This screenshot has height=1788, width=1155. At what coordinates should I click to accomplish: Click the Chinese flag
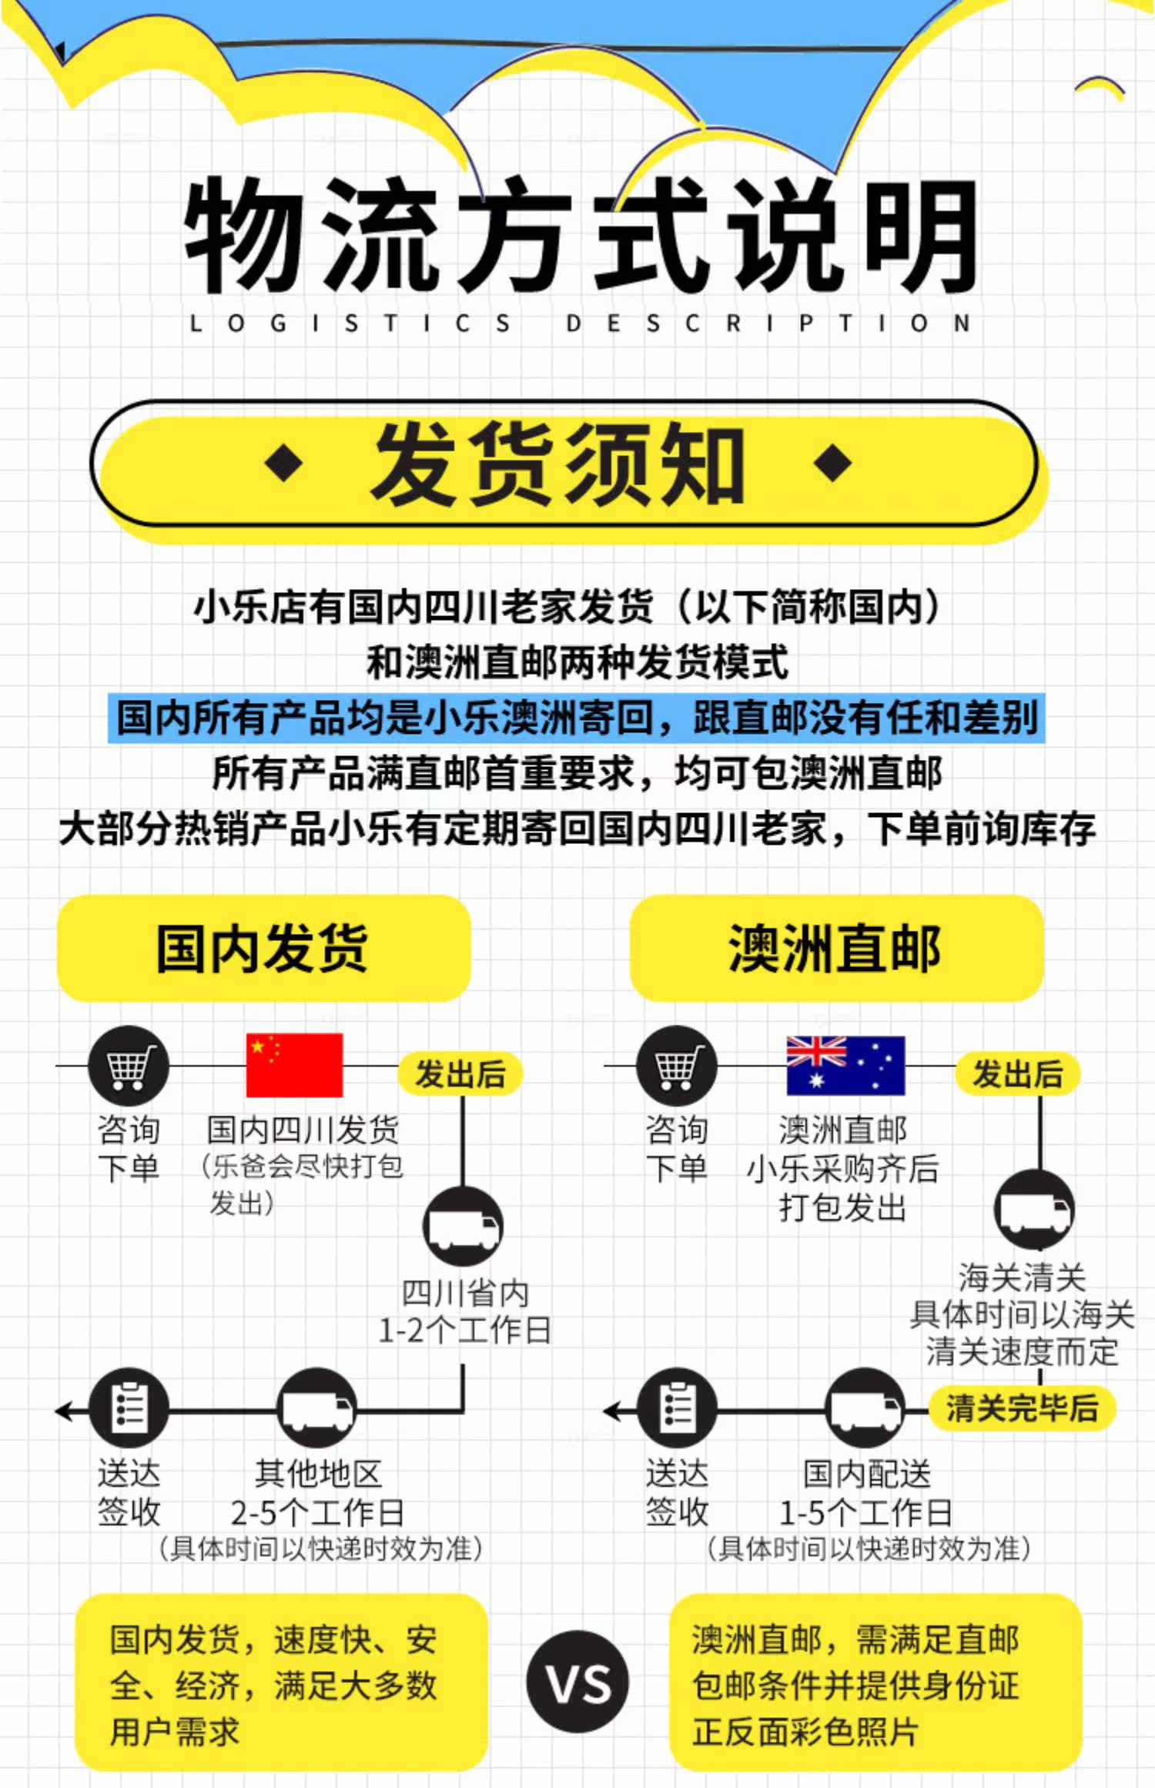click(294, 1065)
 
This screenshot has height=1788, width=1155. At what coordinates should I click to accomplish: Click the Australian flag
click(845, 1066)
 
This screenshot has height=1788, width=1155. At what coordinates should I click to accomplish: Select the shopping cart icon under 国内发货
click(128, 1066)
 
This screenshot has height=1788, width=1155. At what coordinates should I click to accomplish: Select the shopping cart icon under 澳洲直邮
click(676, 1066)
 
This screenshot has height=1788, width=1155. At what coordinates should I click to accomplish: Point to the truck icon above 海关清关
click(1034, 1210)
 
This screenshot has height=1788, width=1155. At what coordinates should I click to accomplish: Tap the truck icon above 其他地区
click(316, 1410)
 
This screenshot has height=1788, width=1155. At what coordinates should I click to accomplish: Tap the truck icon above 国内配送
click(865, 1410)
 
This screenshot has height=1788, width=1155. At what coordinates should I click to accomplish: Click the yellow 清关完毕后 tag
click(1022, 1408)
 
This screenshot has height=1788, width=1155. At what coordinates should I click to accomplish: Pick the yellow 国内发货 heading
click(263, 948)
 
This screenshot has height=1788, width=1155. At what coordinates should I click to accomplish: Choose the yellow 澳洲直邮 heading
click(836, 948)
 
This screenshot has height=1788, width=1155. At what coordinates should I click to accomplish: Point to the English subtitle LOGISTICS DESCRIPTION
click(578, 323)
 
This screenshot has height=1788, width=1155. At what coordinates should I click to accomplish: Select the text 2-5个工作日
click(317, 1513)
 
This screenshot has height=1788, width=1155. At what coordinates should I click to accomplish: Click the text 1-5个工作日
click(865, 1513)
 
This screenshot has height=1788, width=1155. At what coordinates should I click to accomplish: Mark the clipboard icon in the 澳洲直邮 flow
click(677, 1410)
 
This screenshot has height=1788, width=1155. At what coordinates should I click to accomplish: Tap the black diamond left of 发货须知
click(283, 463)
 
